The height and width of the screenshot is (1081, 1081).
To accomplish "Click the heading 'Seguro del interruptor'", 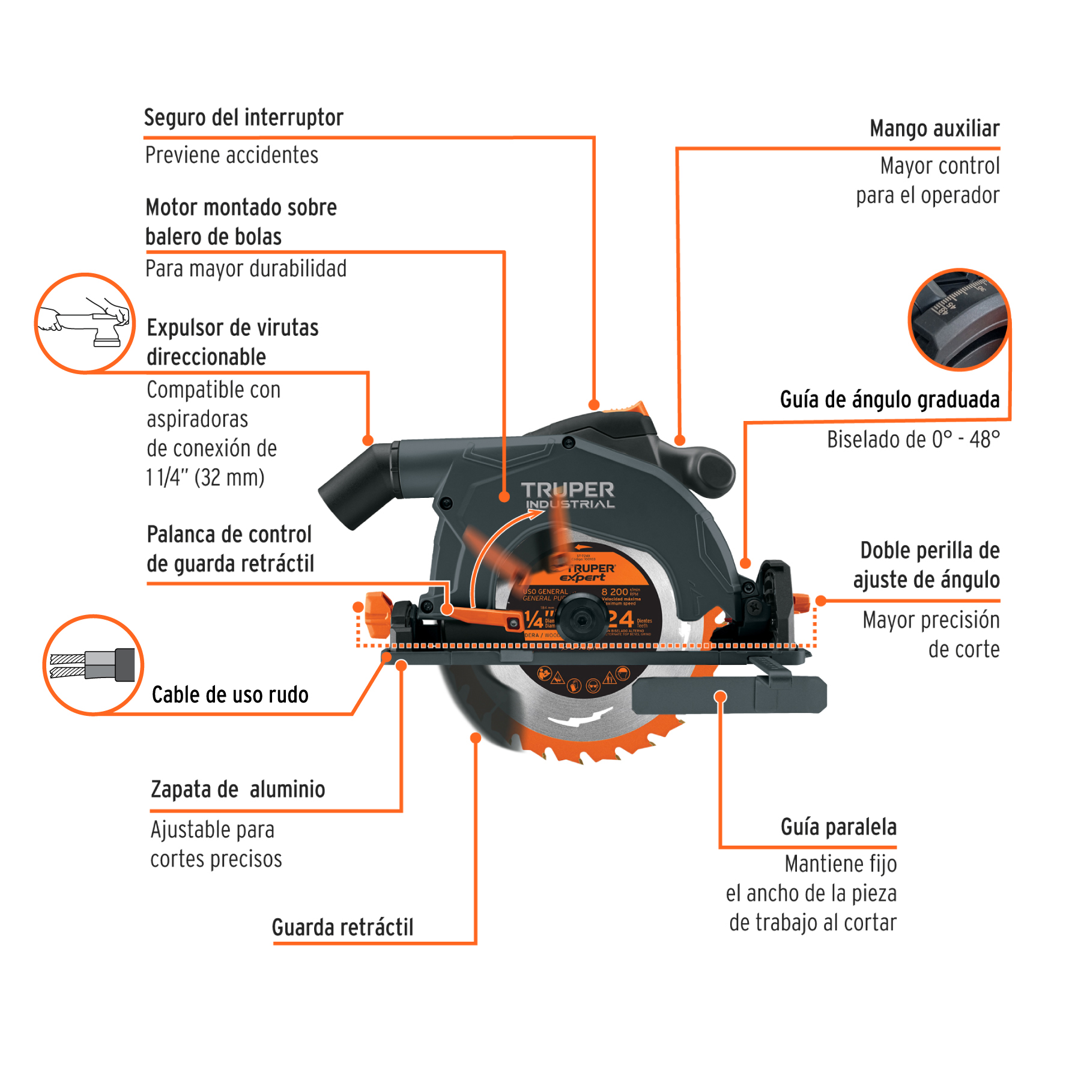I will click(243, 118).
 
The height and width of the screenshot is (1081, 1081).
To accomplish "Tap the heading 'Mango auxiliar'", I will click(934, 129).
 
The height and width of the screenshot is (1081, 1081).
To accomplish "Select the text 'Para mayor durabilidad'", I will click(246, 269).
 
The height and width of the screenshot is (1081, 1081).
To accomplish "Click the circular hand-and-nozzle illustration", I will click(85, 323).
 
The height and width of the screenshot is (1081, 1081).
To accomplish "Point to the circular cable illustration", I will click(93, 665).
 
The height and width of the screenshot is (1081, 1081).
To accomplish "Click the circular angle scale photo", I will click(959, 319).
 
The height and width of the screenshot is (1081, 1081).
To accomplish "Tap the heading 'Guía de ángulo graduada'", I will click(889, 400).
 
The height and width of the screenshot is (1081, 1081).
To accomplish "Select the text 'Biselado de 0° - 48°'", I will click(913, 440).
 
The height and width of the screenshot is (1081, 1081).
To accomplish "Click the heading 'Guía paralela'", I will click(838, 828).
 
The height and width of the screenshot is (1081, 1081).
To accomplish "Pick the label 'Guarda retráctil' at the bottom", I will click(342, 928).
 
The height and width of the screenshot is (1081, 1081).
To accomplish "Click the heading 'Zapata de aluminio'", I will click(238, 790).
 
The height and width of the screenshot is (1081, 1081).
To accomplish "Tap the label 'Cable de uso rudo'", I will click(230, 695).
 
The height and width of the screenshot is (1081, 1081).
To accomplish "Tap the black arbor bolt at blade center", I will click(581, 618).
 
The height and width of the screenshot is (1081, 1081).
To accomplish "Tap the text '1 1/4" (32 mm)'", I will click(205, 478).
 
